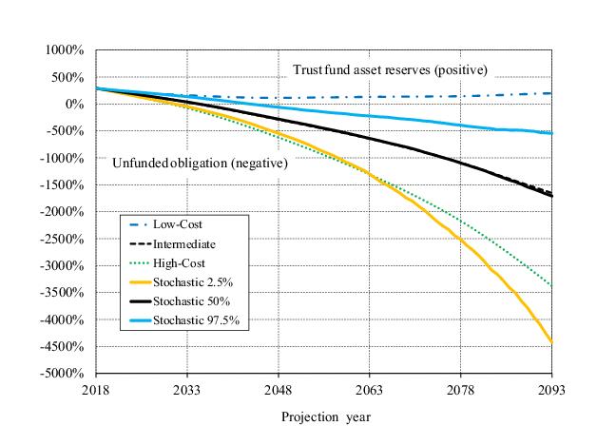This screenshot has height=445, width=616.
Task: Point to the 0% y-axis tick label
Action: (75, 104)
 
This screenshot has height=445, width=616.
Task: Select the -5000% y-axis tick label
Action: (65, 374)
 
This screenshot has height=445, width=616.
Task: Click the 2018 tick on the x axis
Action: (96, 389)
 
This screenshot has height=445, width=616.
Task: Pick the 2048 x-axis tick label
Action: (279, 389)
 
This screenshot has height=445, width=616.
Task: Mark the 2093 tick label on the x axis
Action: (552, 389)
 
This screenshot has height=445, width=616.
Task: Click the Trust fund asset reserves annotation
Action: (389, 70)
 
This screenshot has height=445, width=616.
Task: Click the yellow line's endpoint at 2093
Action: (552, 342)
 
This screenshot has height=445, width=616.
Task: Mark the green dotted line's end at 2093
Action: (552, 285)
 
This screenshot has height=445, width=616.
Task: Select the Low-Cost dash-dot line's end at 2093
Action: (552, 93)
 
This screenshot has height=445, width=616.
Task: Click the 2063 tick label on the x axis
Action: (370, 389)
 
